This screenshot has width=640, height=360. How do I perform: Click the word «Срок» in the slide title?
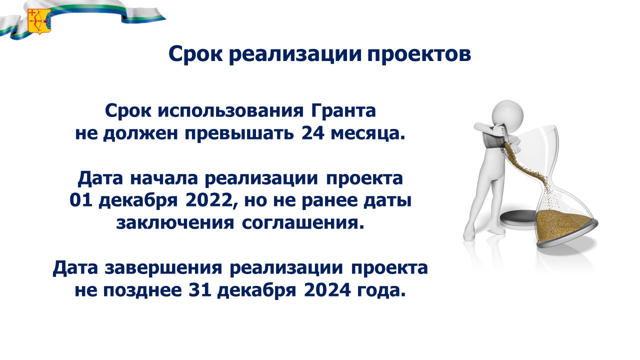[195, 54]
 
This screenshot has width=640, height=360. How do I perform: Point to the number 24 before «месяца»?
[312, 133]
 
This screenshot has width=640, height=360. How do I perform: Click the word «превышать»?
[239, 133]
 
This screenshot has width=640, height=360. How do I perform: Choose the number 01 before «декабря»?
[81, 200]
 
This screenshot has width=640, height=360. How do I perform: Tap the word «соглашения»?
[303, 223]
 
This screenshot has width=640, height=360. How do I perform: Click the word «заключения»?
[175, 223]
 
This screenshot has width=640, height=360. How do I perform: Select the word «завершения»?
[163, 268]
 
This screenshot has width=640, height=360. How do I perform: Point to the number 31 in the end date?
[200, 290]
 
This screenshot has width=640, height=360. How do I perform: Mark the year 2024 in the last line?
[327, 290]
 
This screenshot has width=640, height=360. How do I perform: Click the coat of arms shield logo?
[39, 20]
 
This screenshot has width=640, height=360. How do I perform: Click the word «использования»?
[230, 111]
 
